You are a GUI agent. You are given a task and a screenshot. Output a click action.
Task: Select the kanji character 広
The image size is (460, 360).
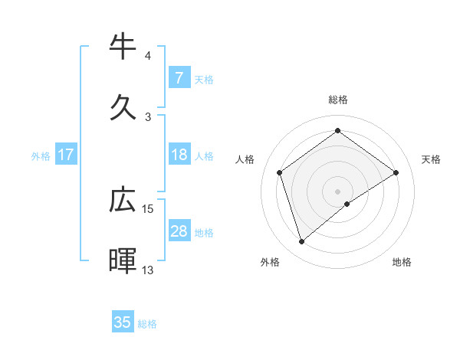(123, 200)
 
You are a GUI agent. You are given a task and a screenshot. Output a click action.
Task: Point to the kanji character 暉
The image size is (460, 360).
(123, 261)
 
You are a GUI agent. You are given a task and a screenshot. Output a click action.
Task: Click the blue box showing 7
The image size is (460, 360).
(179, 77)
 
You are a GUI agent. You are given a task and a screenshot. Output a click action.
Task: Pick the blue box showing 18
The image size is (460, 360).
(179, 155)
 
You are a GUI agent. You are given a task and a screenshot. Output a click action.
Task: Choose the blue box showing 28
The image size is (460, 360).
(179, 231)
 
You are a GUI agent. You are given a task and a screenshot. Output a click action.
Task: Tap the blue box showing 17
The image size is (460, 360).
(66, 155)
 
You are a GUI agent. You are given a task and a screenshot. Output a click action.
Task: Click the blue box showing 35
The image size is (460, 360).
(123, 322)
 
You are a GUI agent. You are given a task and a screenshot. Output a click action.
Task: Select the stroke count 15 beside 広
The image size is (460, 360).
(148, 208)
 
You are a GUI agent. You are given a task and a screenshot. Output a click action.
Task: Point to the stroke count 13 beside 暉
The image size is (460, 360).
(148, 270)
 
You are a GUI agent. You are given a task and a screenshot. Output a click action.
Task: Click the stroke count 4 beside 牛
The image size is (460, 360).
(148, 55)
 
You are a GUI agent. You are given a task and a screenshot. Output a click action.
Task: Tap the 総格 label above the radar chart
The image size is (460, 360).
(338, 100)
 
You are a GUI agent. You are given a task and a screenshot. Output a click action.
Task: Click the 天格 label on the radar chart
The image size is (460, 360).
(431, 159)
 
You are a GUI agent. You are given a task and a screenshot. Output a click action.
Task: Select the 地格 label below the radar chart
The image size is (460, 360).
(402, 262)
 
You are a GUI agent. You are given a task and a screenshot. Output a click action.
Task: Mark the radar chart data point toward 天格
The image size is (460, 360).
(396, 172)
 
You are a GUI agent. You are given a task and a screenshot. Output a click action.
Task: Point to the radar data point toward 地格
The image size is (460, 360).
(347, 204)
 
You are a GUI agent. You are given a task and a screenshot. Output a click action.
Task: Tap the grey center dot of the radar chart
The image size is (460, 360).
(338, 191)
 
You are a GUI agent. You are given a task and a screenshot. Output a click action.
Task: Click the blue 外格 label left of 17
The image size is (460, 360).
(41, 155)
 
